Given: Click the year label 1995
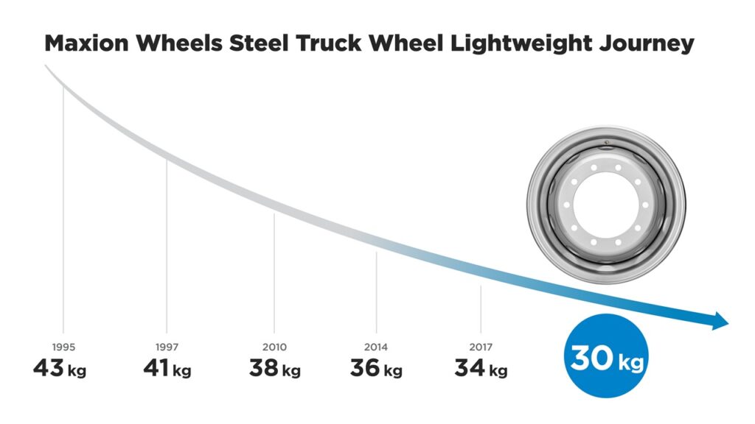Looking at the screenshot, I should coord(63,347).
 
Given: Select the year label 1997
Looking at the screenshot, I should coord(167,347).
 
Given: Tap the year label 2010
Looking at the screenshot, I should coord(274,347).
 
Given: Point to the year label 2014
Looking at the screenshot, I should coord(376,347).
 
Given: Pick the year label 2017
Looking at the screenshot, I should coord(481,347).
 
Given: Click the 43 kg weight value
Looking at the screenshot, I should coord(60,368).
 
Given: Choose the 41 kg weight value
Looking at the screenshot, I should coord(167,368).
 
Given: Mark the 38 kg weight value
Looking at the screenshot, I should coord(274,368).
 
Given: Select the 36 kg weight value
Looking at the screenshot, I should coord(376,368).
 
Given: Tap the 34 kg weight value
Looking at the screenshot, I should coord(481,368).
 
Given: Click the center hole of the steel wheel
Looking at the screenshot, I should coord(605,204).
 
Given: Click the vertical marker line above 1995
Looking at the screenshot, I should coord(63,213).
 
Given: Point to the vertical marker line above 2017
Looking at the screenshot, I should coord(481,309).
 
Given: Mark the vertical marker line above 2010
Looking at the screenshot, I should coord(274,272).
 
